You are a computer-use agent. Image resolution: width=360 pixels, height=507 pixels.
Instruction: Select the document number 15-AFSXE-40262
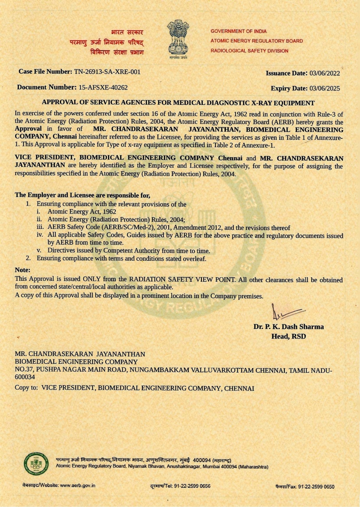[x=103, y=87]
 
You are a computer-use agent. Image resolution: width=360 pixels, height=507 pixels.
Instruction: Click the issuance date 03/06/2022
[x=324, y=73]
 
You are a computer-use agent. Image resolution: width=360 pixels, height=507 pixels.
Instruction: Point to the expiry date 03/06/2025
[x=324, y=89]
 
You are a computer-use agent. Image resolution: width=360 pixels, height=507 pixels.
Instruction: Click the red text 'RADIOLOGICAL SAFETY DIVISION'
[x=249, y=51]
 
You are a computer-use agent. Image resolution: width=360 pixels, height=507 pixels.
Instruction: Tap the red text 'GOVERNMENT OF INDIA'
[x=239, y=31]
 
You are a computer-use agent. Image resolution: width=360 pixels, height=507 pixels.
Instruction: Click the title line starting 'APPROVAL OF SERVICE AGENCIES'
[x=178, y=103]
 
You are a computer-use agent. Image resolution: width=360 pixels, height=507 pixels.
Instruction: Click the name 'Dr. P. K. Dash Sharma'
[x=289, y=327]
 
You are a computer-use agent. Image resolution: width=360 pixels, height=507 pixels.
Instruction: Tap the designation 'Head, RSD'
[x=289, y=336]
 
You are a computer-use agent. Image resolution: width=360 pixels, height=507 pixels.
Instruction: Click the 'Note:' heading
[x=23, y=270]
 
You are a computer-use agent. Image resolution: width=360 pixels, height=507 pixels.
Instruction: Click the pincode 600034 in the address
[x=25, y=378]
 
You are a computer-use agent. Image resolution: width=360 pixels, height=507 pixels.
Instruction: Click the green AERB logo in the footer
[x=36, y=464]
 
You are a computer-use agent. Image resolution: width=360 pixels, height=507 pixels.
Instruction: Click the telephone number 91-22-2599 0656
[x=192, y=486]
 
